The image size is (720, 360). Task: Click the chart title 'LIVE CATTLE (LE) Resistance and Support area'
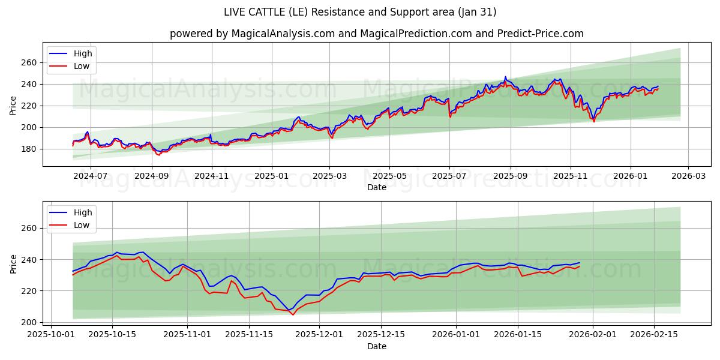360,12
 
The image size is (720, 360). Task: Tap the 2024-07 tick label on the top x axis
91,176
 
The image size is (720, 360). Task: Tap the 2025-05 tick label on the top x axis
389,176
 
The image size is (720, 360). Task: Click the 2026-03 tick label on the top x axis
688,176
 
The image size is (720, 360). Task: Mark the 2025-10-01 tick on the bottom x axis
51,335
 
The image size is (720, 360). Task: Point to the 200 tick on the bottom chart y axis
29,322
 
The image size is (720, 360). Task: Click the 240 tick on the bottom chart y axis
29,260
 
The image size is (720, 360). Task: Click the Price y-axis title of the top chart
13,105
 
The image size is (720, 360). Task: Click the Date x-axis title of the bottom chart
376,346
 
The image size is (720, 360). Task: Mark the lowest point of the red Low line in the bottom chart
293,314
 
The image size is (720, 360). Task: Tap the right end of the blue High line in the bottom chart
580,263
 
